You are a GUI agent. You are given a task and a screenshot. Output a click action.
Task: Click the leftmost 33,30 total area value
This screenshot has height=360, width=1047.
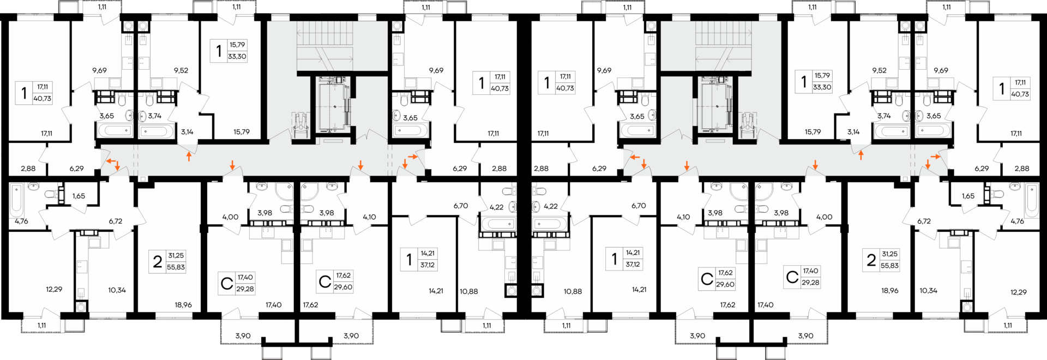pyautogui.click(x=237, y=56)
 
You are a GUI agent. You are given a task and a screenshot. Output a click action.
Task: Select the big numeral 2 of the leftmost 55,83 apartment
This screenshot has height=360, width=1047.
pyautogui.click(x=158, y=262)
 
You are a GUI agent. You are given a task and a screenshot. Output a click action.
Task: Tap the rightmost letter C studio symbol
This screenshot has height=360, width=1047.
pyautogui.click(x=792, y=277)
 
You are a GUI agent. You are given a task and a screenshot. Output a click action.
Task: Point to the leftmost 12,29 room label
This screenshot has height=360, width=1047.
pyautogui.click(x=54, y=290)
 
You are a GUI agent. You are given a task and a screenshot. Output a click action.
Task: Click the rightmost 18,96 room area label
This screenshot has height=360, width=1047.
pyautogui.click(x=890, y=291)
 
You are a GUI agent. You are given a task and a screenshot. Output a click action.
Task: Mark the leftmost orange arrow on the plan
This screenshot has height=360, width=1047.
pyautogui.click(x=111, y=161)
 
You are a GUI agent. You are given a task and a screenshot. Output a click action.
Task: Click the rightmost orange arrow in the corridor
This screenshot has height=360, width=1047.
pyautogui.click(x=935, y=157)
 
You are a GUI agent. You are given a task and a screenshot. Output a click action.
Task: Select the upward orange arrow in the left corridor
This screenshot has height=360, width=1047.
pyautogui.click(x=189, y=157)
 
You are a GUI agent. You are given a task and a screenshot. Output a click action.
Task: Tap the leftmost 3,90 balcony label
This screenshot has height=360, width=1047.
pyautogui.click(x=243, y=336)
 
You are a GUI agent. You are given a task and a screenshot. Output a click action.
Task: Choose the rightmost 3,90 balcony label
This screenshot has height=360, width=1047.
pyautogui.click(x=805, y=336)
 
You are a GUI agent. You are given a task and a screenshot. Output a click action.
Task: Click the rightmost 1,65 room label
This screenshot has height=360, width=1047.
pyautogui.click(x=968, y=196)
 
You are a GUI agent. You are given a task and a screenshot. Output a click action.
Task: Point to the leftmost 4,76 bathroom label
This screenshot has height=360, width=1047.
pyautogui.click(x=21, y=221)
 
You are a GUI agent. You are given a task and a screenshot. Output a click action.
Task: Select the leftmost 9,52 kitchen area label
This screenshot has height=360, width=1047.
pyautogui.click(x=181, y=70)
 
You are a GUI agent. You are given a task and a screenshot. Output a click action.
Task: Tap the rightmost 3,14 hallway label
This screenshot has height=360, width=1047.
pyautogui.click(x=853, y=132)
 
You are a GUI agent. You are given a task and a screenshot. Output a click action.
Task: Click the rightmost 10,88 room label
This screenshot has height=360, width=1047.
pyautogui.click(x=573, y=292)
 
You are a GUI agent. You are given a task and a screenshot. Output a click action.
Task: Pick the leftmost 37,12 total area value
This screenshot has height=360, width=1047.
pyautogui.click(x=428, y=265)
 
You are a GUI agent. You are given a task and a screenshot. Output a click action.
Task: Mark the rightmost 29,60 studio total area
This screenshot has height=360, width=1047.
pyautogui.click(x=725, y=284)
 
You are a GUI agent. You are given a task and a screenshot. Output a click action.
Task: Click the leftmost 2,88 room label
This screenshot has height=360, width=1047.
pyautogui.click(x=28, y=169)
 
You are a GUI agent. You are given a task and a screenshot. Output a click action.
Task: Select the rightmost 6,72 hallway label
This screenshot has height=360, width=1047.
pyautogui.click(x=924, y=221)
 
